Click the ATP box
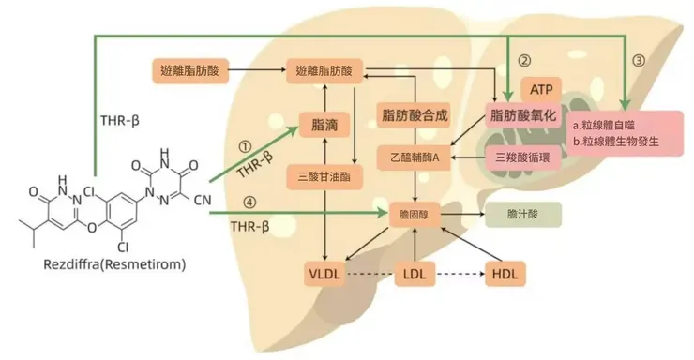[541, 90]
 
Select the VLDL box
[324, 274]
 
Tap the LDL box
[415, 274]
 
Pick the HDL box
[505, 274]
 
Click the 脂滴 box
[324, 125]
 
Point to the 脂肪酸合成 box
[415, 115]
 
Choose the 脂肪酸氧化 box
[523, 115]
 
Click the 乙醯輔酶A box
[415, 157]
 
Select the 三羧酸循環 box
[523, 157]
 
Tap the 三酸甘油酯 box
[324, 177]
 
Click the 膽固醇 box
[415, 215]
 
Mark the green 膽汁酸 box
[523, 215]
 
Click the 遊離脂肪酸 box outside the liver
[189, 70]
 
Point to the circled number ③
[639, 60]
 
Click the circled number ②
[524, 60]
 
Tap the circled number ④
[249, 202]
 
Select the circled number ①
[245, 146]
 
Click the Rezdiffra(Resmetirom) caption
[114, 264]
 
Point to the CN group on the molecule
[203, 200]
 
